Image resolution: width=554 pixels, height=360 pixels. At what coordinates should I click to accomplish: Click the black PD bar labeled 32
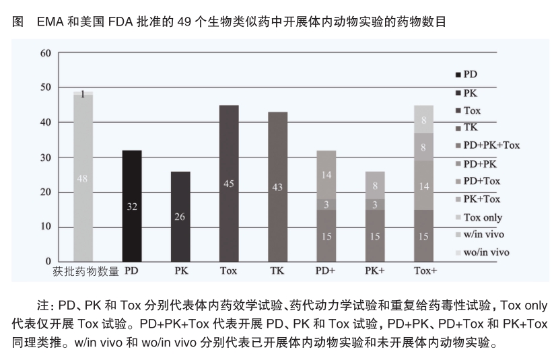coord(132,205)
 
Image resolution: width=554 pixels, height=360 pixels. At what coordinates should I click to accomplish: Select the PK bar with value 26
coord(180,216)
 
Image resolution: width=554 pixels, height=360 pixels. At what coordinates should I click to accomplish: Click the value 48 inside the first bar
coord(83,178)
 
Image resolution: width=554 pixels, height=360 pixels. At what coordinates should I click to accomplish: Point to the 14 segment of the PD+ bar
coord(326,175)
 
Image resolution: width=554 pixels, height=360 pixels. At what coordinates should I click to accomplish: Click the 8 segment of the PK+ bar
coord(374,185)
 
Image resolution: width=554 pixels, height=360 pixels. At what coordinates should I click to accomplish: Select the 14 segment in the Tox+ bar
coord(423,186)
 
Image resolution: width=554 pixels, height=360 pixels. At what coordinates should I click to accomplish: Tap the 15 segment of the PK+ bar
coord(374,236)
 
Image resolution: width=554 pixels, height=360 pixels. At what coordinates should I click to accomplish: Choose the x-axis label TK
coord(277,271)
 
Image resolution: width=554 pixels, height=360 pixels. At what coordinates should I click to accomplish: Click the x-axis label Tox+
coord(423,271)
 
